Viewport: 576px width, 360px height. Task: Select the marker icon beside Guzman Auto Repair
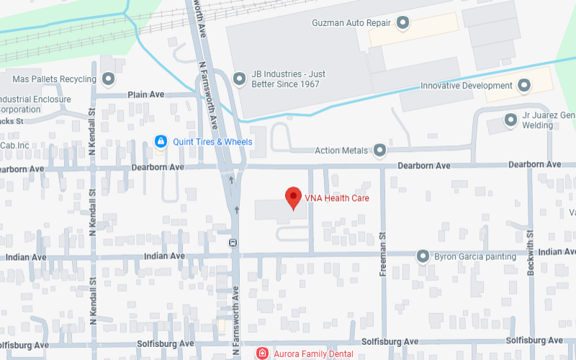403,23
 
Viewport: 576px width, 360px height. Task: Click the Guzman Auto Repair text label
351,23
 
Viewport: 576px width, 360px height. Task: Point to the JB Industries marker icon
239,78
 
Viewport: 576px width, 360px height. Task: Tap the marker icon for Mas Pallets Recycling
109,78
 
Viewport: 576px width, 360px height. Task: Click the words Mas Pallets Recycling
55,78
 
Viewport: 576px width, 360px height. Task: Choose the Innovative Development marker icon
524,86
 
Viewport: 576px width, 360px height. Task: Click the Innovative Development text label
467,86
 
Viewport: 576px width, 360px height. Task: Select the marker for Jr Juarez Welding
510,120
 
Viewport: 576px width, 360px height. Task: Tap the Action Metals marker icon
379,150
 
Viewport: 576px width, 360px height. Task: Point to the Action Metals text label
341,150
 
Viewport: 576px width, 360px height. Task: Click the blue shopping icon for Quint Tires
161,142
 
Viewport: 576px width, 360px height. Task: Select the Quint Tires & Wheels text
212,142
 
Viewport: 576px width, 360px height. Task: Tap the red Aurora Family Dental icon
263,354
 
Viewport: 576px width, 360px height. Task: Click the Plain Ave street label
146,94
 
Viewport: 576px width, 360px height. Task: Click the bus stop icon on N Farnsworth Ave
233,243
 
